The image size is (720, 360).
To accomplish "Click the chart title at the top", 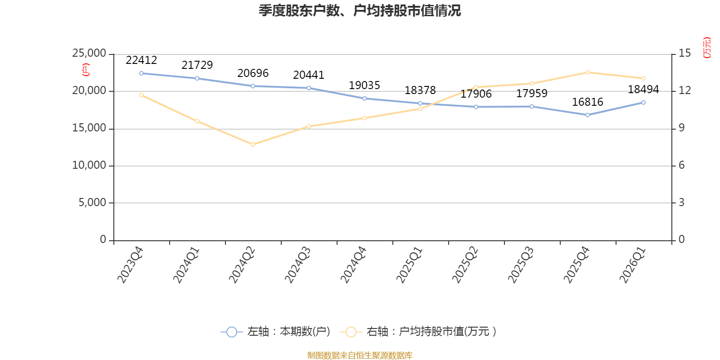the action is [x=360, y=11].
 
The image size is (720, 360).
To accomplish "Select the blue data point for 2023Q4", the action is [x=141, y=73].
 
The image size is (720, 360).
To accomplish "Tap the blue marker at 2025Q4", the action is [x=588, y=115].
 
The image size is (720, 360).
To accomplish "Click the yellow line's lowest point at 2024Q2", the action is [x=253, y=144].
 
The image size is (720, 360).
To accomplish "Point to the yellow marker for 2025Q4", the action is [x=588, y=72].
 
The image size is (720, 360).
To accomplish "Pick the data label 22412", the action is [x=141, y=60].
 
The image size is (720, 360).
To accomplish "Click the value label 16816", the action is [x=588, y=102].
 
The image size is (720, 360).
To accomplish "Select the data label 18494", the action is [x=643, y=89].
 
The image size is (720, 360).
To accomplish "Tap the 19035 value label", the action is [x=364, y=85].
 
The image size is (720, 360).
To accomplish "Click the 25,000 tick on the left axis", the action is [x=89, y=53].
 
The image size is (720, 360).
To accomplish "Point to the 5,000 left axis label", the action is [x=92, y=202].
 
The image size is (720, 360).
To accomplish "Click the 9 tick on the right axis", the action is [x=681, y=128].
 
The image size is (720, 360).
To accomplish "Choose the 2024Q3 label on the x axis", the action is [x=297, y=265].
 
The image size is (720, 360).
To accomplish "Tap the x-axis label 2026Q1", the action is [x=633, y=265].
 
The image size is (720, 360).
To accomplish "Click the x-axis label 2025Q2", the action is [x=465, y=265].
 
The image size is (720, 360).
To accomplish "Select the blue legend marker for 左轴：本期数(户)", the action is [x=231, y=332].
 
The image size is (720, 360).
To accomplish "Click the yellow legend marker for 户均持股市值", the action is [x=351, y=332].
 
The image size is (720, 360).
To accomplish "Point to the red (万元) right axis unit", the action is [x=707, y=48].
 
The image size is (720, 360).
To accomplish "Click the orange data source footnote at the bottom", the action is [x=360, y=355].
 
